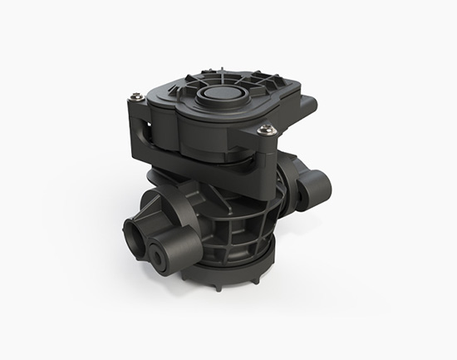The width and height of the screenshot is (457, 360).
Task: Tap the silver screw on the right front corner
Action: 266,129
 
